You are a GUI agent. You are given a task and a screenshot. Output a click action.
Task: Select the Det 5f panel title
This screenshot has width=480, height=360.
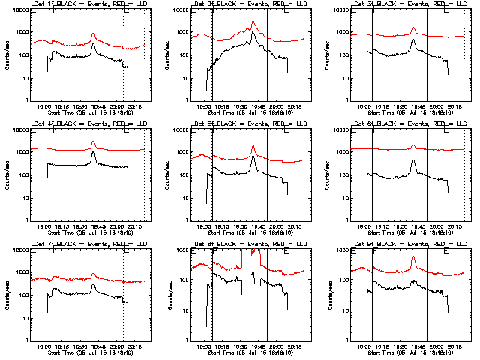(252, 124)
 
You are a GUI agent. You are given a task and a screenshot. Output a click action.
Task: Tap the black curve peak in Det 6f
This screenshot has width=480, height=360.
(413, 160)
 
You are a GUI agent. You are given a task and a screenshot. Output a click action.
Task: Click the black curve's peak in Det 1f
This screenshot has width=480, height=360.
(93, 44)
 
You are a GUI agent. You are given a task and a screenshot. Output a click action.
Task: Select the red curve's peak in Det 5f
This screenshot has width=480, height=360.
(253, 145)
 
